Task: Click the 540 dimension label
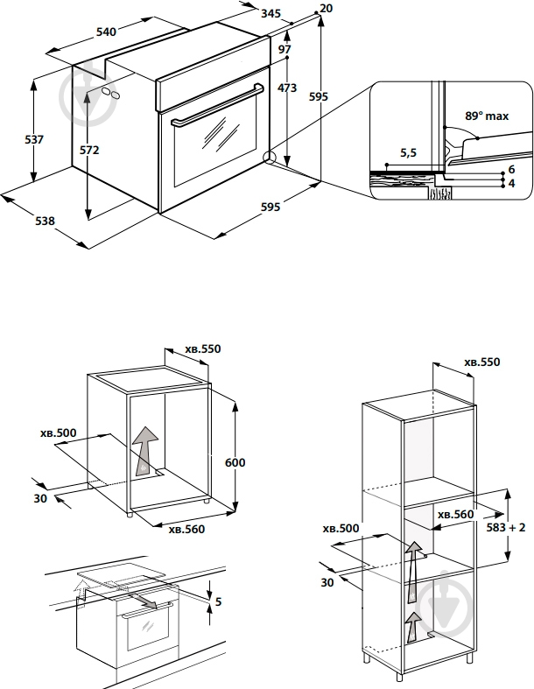[x=105, y=32]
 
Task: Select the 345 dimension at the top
[x=271, y=14]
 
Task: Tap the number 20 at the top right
[x=327, y=9]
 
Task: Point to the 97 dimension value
[x=285, y=50]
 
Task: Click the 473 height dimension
[x=287, y=88]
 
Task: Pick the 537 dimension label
[x=34, y=139]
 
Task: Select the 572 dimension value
[x=89, y=150]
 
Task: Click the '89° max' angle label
[x=486, y=116]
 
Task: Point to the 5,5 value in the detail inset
[x=408, y=152]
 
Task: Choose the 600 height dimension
[x=235, y=462]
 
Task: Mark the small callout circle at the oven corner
[x=269, y=158]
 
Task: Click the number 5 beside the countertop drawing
[x=218, y=601]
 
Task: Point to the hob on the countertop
[x=122, y=578]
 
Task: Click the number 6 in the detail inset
[x=510, y=168]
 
